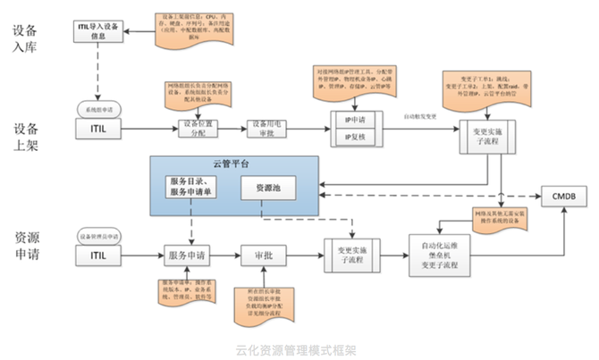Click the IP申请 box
354,119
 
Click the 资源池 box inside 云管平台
266,188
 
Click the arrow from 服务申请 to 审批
227,255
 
